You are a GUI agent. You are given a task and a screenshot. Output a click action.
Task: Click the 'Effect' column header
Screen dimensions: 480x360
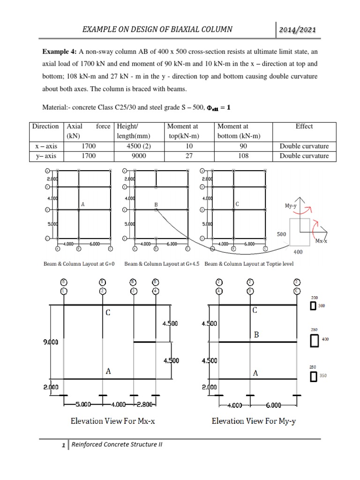tap(304, 126)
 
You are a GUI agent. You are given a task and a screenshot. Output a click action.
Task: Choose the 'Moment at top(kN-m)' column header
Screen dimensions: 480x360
tap(189, 131)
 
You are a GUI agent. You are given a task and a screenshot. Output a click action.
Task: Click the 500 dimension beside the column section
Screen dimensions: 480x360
tap(281, 233)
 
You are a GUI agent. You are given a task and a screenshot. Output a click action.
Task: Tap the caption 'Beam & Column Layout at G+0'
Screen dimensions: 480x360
tap(79, 264)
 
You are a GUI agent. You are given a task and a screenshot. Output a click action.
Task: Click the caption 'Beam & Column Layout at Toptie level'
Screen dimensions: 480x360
tap(249, 264)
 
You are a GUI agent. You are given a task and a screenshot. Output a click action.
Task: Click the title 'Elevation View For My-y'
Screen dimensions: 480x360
tap(254, 421)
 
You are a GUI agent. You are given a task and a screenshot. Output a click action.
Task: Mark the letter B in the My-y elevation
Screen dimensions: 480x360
tap(256, 335)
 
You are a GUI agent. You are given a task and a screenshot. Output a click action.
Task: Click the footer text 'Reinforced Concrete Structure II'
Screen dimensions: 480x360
tap(116, 444)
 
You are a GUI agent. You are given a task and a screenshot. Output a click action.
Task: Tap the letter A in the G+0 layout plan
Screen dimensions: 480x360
tap(82, 204)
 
